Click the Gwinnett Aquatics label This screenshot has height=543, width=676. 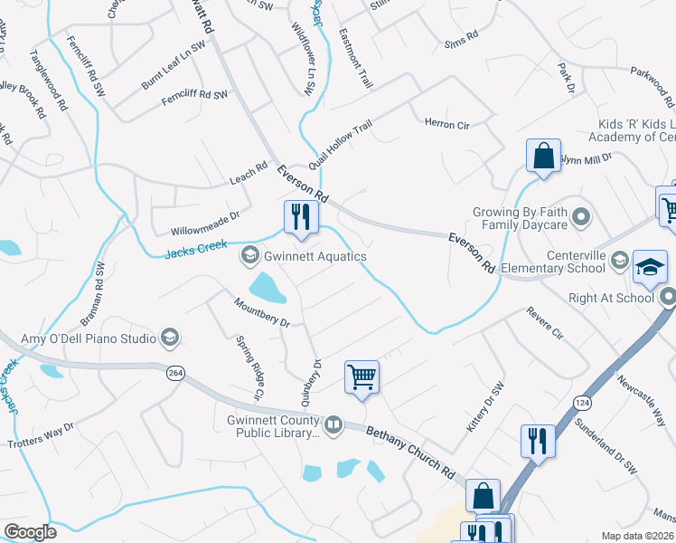tap(315, 257)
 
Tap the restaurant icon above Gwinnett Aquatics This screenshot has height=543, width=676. tap(300, 216)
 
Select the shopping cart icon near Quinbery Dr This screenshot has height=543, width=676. tap(361, 376)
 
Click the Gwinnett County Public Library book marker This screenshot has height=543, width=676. tap(333, 424)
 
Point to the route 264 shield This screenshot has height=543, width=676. tap(174, 372)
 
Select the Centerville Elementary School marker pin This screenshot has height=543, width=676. tap(619, 262)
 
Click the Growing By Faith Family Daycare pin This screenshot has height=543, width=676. tap(581, 218)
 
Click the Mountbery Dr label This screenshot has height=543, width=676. tap(261, 312)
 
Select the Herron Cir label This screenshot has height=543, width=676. tap(446, 124)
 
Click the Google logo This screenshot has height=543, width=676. tap(31, 531)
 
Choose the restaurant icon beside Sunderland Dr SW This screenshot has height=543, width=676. tap(538, 441)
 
